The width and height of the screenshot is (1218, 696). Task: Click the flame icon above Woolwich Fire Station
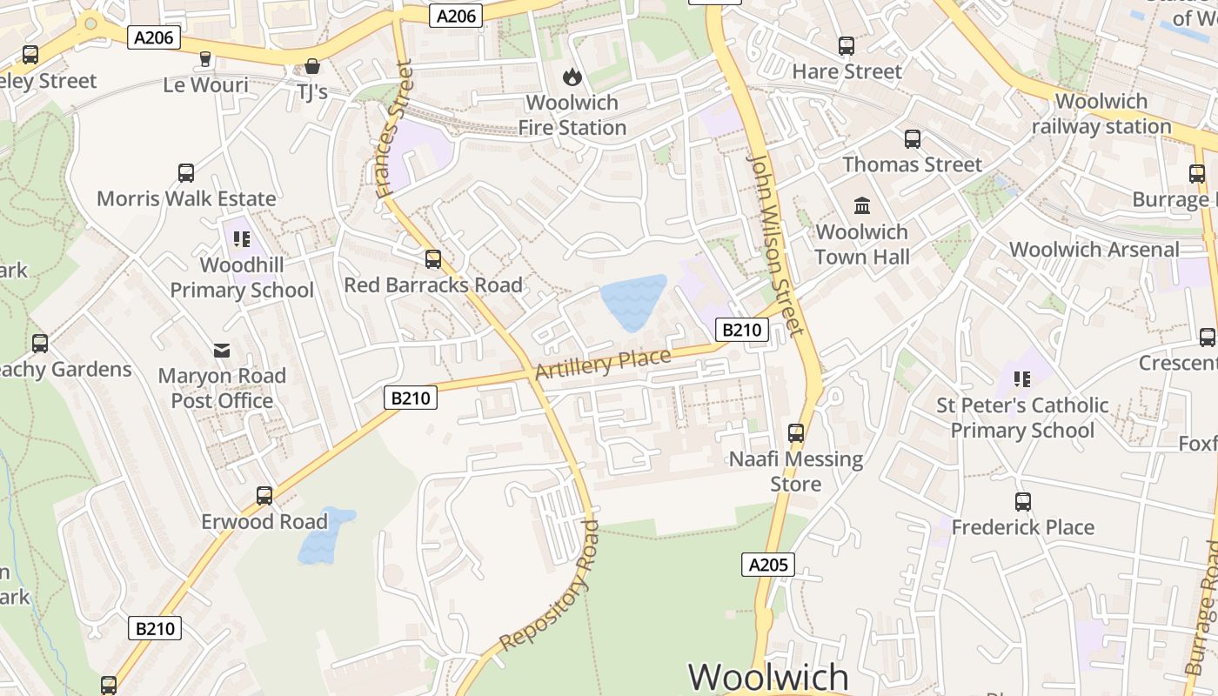[x=572, y=77]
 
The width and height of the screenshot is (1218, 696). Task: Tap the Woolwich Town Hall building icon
[x=862, y=205]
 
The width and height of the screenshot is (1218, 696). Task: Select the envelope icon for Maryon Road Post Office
[x=222, y=350]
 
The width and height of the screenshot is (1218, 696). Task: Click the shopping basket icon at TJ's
[x=311, y=66]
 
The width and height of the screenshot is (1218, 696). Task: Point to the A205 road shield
[x=768, y=565]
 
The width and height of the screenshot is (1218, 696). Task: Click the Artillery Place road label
[x=603, y=364]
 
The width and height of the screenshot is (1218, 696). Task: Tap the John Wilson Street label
[x=775, y=245]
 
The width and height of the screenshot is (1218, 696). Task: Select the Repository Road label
[x=551, y=586]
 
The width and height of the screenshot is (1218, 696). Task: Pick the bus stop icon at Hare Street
[x=847, y=46]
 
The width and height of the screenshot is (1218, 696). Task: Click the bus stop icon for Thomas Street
[x=912, y=139]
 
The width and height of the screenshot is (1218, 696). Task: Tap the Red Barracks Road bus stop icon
[x=432, y=259]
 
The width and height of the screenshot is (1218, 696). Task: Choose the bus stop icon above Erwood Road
[x=264, y=496]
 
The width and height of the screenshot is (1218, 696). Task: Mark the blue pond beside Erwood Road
[x=324, y=535]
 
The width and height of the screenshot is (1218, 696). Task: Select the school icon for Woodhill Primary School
[x=242, y=238]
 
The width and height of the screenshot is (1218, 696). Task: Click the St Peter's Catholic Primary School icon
[x=1021, y=379]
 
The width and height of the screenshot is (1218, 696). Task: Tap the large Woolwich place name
[x=768, y=677]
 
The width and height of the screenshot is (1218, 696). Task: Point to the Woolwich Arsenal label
[x=1094, y=250]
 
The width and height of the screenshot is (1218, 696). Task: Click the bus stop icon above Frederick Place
[x=1022, y=502]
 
